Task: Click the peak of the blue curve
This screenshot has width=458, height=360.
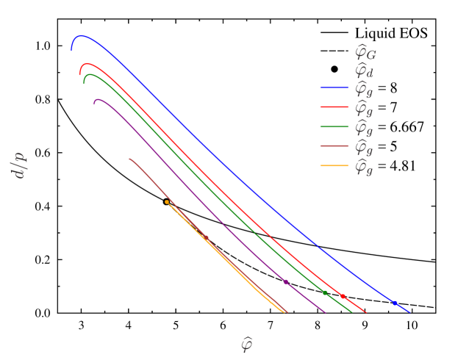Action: click(x=81, y=35)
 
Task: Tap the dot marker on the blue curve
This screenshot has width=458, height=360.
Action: click(x=394, y=303)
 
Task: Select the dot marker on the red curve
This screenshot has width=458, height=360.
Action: click(x=343, y=296)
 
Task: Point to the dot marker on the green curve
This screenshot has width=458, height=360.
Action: click(x=324, y=292)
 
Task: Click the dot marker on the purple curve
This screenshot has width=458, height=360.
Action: click(x=286, y=281)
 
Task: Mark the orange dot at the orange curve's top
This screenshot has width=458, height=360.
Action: click(x=167, y=201)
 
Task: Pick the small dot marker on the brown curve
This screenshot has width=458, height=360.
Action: click(x=206, y=237)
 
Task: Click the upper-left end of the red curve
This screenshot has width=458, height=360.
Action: click(x=80, y=74)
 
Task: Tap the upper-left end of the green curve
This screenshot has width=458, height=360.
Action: click(x=85, y=82)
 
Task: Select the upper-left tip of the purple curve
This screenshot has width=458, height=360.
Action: click(x=95, y=104)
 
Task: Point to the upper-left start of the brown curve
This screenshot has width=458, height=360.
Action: click(x=129, y=159)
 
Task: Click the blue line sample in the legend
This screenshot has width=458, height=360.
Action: click(x=334, y=87)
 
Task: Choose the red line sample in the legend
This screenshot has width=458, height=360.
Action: click(x=334, y=107)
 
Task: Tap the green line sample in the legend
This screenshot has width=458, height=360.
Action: click(x=334, y=127)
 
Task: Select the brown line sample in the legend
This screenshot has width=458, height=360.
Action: click(x=334, y=147)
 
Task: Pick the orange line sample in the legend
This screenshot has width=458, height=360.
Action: click(x=334, y=166)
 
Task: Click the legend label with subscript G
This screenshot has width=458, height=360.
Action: click(x=365, y=52)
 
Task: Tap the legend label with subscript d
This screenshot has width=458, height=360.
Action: click(x=364, y=71)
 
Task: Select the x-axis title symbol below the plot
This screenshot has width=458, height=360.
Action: click(x=246, y=344)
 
